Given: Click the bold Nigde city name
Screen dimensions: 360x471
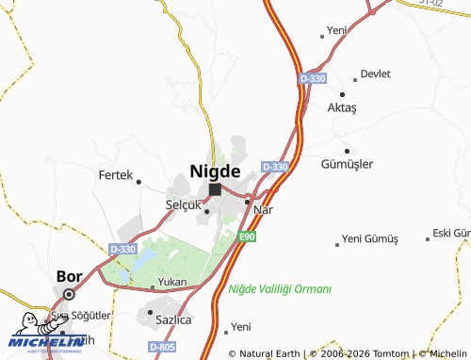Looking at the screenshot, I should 221,171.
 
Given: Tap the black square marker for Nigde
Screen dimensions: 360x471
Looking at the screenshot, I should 215,189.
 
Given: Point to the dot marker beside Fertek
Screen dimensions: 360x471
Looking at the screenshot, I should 138,181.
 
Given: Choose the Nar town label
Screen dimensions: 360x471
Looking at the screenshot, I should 263,209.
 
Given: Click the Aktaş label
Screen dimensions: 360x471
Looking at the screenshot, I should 343,108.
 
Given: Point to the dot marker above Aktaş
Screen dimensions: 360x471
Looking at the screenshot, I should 343,94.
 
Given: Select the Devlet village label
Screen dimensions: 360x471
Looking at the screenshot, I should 376,73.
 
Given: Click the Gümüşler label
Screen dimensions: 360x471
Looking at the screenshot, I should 348,163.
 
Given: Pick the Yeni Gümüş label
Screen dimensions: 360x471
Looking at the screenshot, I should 370,238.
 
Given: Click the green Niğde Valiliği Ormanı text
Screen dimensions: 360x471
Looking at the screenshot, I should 280,288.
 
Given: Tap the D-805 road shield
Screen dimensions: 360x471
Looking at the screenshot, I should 163,348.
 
